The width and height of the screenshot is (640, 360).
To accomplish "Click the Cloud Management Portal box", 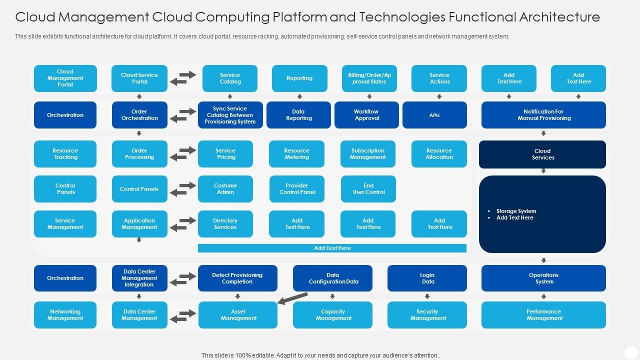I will pyautogui.click(x=65, y=78).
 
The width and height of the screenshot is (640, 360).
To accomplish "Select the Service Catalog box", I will pyautogui.click(x=230, y=78).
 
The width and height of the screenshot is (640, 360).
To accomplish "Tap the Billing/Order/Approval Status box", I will pyautogui.click(x=369, y=78).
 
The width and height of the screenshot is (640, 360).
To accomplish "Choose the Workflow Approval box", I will pyautogui.click(x=366, y=115).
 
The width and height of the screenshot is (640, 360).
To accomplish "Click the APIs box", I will pyautogui.click(x=434, y=115).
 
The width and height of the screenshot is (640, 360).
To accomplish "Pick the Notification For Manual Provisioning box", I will pyautogui.click(x=543, y=115).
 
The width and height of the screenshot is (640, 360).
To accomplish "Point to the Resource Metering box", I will pyautogui.click(x=296, y=154).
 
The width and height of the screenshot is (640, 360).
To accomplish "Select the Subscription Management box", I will pyautogui.click(x=368, y=154).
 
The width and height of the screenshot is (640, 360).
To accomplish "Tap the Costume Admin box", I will pyautogui.click(x=225, y=189).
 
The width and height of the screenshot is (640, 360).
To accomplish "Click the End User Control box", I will pyautogui.click(x=368, y=189).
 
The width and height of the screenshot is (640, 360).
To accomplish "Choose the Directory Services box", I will pyautogui.click(x=225, y=224).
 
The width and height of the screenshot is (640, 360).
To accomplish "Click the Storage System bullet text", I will pyautogui.click(x=516, y=211).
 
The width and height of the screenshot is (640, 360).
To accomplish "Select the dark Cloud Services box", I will pyautogui.click(x=542, y=154).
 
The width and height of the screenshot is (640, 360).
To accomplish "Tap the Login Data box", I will pyautogui.click(x=427, y=278).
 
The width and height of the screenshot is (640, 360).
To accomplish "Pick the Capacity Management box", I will pyautogui.click(x=333, y=315).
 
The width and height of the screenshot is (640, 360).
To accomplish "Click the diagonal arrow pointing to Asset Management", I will pyautogui.click(x=292, y=298).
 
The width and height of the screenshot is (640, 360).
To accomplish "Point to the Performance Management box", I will pyautogui.click(x=543, y=315).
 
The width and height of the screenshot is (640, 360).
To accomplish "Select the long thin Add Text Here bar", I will pyautogui.click(x=332, y=248).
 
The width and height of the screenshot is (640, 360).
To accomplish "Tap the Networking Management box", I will pyautogui.click(x=65, y=315).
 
